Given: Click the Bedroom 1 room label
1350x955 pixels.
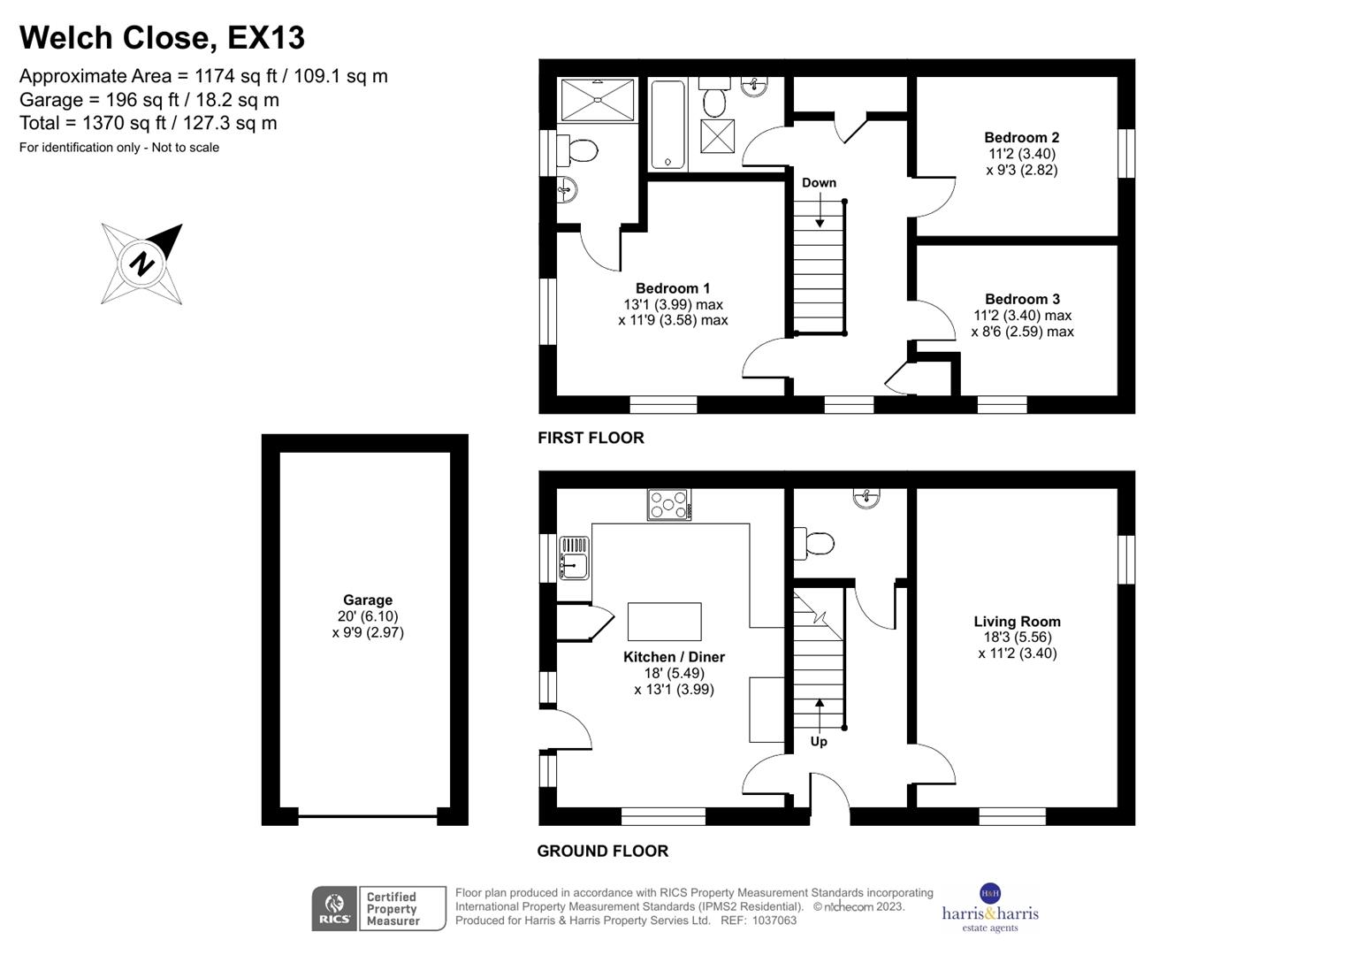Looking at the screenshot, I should [673, 288].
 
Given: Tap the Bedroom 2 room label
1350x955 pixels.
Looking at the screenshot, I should [1021, 137].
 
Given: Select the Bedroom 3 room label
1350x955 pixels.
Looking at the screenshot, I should [1022, 299].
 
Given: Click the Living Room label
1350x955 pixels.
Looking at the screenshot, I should [1017, 622].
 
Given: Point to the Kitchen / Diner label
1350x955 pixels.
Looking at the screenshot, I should [674, 657].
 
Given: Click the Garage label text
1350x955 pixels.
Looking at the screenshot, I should [368, 600].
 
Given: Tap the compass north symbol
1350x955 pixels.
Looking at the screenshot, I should [142, 264].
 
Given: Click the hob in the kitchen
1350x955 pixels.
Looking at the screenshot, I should [668, 505].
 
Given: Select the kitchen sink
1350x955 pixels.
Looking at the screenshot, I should [574, 559].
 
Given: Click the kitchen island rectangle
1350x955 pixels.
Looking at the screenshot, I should [664, 622].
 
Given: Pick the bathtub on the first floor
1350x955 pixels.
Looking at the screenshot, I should [667, 125].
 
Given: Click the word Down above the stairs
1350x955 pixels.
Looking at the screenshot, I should [819, 183].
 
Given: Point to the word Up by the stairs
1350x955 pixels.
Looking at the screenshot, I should [819, 741].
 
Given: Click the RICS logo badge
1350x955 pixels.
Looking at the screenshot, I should [334, 908].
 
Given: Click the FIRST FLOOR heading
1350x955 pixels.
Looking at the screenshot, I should [591, 438].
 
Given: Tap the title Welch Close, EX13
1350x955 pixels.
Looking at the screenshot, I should [162, 38].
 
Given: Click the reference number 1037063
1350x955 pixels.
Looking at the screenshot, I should [775, 921].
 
